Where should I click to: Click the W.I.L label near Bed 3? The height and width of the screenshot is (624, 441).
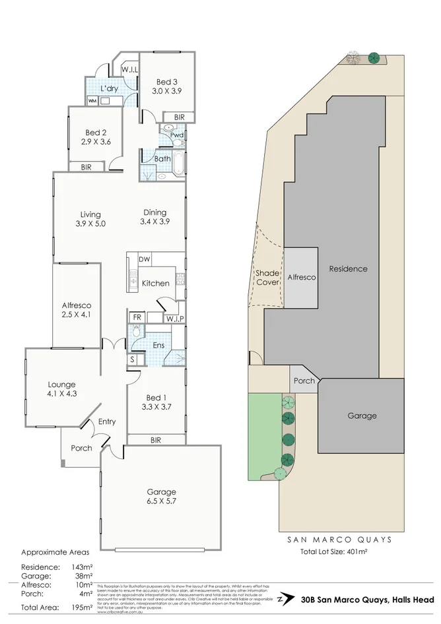[129, 69]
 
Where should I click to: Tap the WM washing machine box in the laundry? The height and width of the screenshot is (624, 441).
[92, 101]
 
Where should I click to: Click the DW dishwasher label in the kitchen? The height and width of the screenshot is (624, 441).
[145, 259]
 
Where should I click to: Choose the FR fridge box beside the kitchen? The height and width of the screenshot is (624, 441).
[137, 317]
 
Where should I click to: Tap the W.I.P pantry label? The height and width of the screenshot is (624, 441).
[175, 319]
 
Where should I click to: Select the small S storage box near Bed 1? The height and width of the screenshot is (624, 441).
[133, 359]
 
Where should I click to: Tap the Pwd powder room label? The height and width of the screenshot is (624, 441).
[176, 135]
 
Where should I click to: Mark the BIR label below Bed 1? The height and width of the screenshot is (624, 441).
[156, 439]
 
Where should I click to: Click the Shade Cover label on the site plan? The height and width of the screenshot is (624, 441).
[267, 278]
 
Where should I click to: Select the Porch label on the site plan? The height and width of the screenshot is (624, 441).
[304, 381]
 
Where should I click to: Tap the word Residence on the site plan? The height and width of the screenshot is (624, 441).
[348, 268]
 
